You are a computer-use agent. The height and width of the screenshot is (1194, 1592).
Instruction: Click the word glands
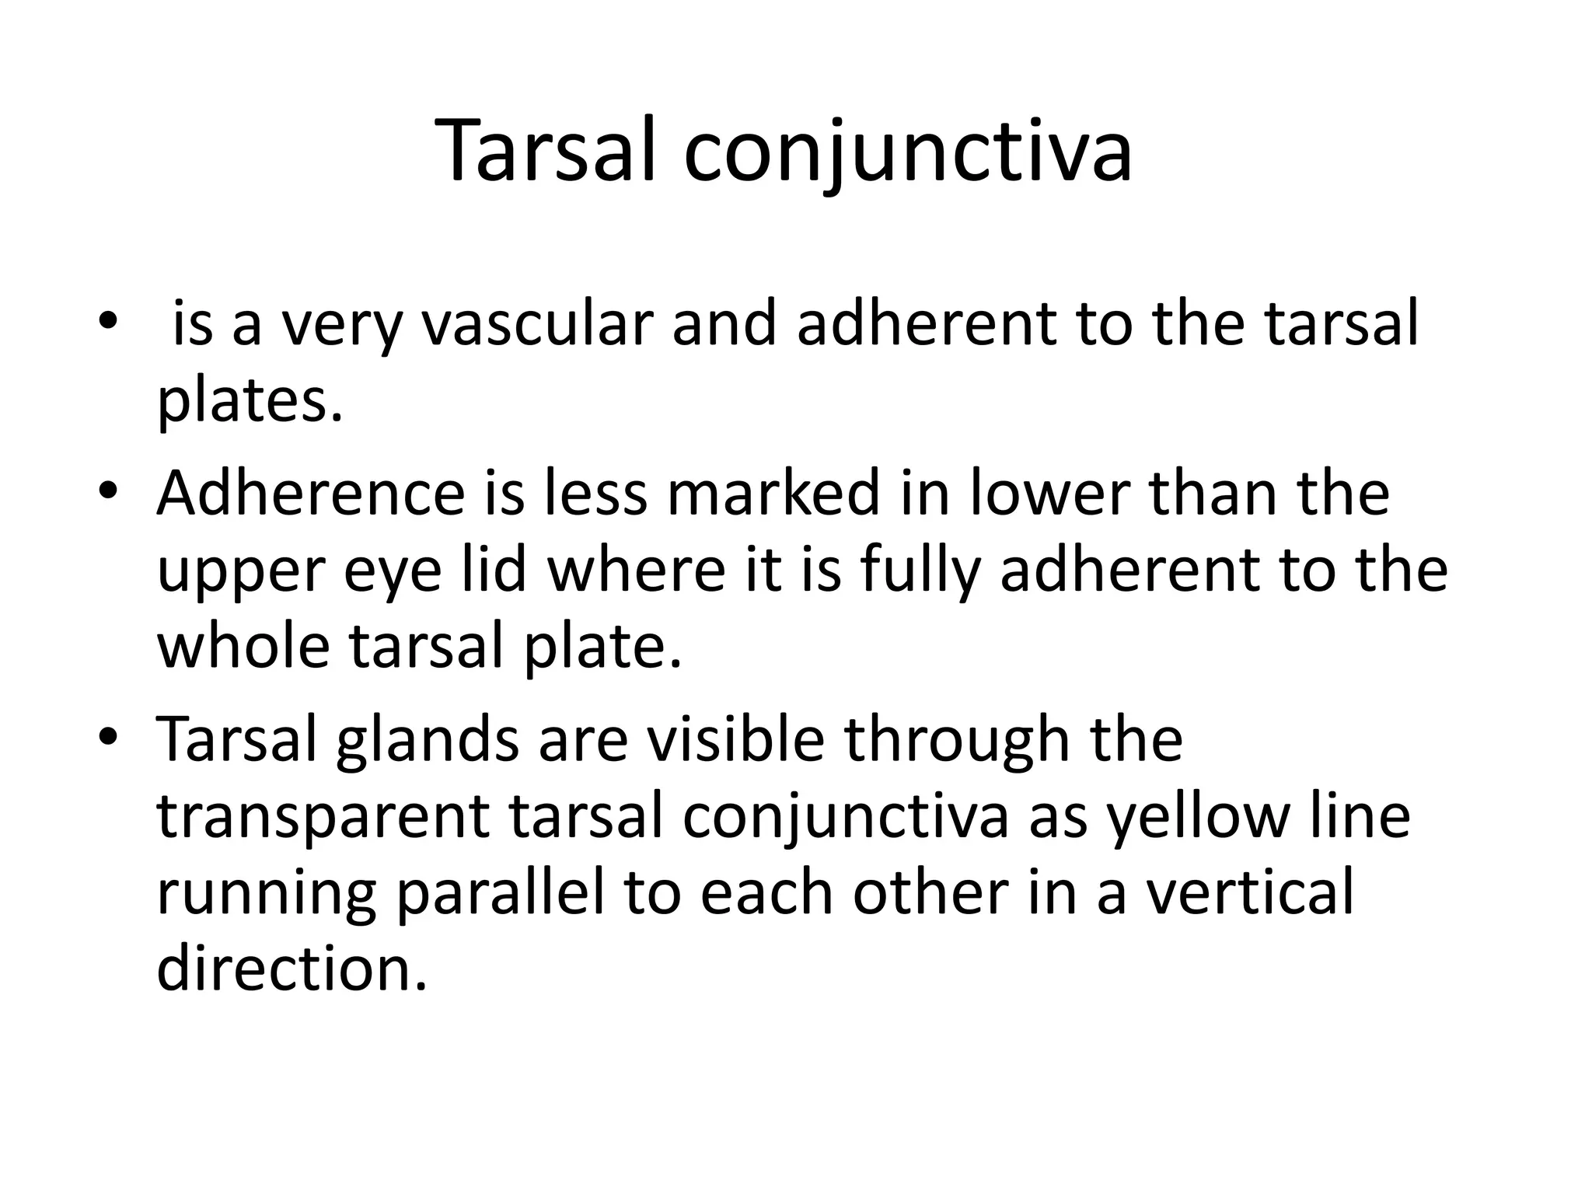tap(428, 740)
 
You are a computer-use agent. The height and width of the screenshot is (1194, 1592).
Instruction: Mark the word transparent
tap(323, 818)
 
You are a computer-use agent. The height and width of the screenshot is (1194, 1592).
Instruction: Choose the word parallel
tap(501, 894)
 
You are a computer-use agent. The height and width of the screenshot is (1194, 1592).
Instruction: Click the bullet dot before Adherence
tap(108, 492)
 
